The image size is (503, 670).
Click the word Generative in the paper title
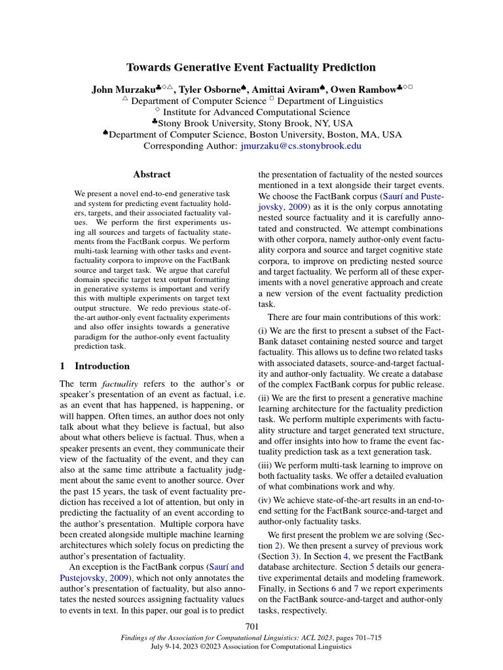pyautogui.click(x=197, y=67)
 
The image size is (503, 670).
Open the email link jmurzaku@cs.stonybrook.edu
pyautogui.click(x=299, y=146)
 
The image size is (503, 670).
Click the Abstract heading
pyautogui.click(x=151, y=175)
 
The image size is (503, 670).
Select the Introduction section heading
pyautogui.click(x=102, y=366)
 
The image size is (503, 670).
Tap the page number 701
pyautogui.click(x=252, y=627)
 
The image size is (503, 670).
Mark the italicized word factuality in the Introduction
pyautogui.click(x=119, y=383)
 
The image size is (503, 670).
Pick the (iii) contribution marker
pyautogui.click(x=266, y=465)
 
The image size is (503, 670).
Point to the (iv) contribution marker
pyautogui.click(x=265, y=500)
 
